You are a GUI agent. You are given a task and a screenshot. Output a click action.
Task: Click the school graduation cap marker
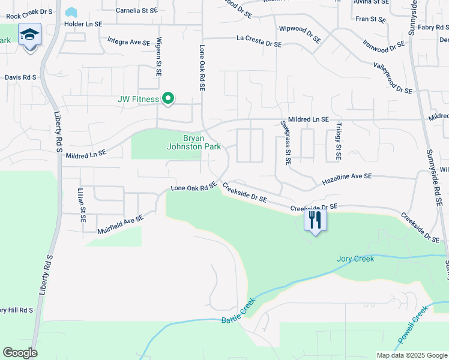click(x=29, y=36)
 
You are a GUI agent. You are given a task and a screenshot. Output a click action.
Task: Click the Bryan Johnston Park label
click(x=193, y=142)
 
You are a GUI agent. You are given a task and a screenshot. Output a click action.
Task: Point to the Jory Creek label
click(x=355, y=259)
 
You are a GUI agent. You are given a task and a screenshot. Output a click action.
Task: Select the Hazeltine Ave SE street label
click(x=348, y=178)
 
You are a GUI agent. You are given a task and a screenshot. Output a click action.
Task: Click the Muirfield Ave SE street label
click(x=121, y=224)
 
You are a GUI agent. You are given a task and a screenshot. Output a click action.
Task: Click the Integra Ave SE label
click(x=128, y=41)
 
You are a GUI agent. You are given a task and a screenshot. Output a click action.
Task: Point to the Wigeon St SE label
click(x=159, y=56)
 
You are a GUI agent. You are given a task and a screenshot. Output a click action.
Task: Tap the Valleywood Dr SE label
click(x=392, y=77)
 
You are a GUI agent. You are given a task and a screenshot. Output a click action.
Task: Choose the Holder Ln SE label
click(x=83, y=24)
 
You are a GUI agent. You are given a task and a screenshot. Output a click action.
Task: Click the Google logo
click(x=20, y=353)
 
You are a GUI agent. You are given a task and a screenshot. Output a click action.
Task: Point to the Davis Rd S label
click(x=20, y=77)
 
